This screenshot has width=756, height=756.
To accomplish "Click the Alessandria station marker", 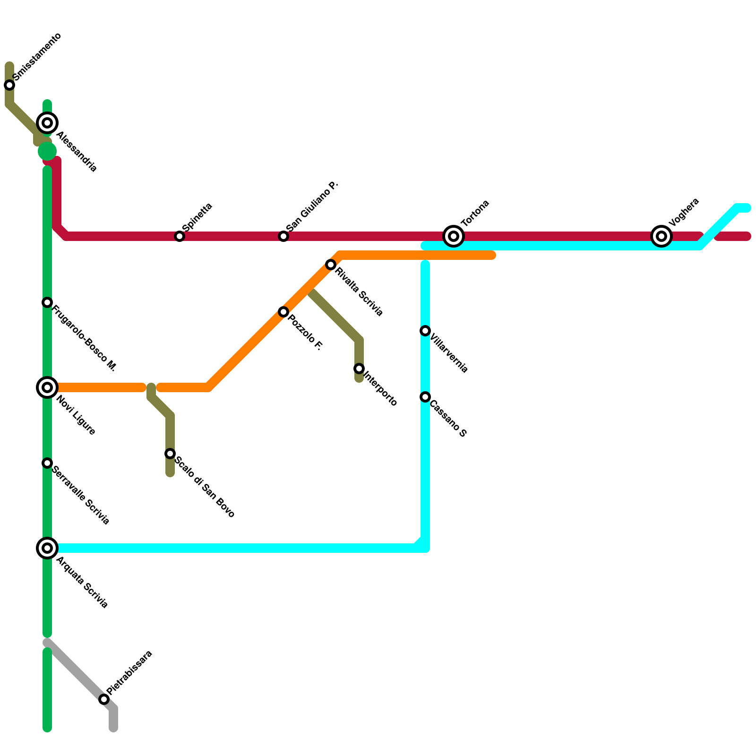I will pos(47,123).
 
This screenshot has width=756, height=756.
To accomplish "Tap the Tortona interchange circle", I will pos(454,236).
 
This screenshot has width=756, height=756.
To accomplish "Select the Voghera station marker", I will pos(661,236).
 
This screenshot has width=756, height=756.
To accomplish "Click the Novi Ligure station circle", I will pos(47,387).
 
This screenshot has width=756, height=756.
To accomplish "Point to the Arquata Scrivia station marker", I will pos(47,548).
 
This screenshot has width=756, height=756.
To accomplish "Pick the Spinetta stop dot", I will pos(180,236).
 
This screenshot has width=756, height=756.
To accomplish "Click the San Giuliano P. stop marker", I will pos(283,236).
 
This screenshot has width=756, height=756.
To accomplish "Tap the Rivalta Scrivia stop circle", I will pos(331,265).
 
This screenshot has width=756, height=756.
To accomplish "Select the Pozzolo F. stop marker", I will pos(283,312).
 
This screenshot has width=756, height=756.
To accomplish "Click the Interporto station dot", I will pos(359,369).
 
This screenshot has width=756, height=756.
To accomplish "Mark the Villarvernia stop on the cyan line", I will pos(425,331).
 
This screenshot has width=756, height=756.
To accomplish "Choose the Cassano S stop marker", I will pos(425,397).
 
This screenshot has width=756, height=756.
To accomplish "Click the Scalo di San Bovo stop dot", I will pos(170,454).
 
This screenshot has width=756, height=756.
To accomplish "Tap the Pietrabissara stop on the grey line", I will pos(104,699).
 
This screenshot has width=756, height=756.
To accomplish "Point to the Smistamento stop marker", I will pos(9,85).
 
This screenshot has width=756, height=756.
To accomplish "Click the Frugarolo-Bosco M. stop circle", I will pos(47,302).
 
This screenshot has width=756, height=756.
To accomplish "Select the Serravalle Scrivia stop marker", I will pos(47,463).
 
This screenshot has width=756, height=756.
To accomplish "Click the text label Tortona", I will pos(475,213).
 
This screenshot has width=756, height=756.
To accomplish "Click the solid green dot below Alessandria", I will pos(47,151).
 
